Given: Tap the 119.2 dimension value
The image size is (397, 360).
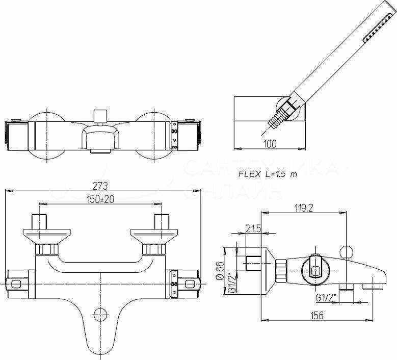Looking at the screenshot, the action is click(x=303, y=208).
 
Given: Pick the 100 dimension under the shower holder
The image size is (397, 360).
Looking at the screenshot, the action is click(x=270, y=144).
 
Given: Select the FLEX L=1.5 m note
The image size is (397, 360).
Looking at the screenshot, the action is click(x=268, y=173).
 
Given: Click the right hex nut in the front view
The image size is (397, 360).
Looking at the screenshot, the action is click(x=153, y=249).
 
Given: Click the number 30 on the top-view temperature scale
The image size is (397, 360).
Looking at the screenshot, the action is click(x=174, y=132).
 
